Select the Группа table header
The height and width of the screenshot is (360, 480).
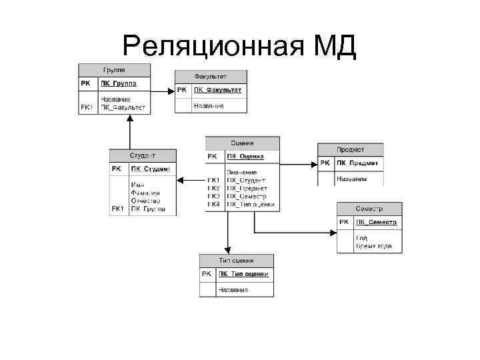(114, 69)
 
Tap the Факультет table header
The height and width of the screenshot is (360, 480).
(211, 77)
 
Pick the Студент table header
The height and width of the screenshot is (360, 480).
(143, 155)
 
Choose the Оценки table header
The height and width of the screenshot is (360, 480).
(242, 143)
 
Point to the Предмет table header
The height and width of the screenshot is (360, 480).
(351, 149)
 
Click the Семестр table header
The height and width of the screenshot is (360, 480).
(369, 208)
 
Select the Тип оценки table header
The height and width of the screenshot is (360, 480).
(236, 260)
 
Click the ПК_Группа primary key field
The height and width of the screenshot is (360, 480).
(119, 84)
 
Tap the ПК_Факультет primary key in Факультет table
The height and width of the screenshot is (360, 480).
(217, 90)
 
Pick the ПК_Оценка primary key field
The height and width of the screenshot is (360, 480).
(245, 157)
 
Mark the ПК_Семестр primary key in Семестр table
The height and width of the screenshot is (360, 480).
(377, 222)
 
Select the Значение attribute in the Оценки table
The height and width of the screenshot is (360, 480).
(241, 173)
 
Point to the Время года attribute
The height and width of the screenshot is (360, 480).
(374, 246)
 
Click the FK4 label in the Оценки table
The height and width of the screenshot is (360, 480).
(213, 205)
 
